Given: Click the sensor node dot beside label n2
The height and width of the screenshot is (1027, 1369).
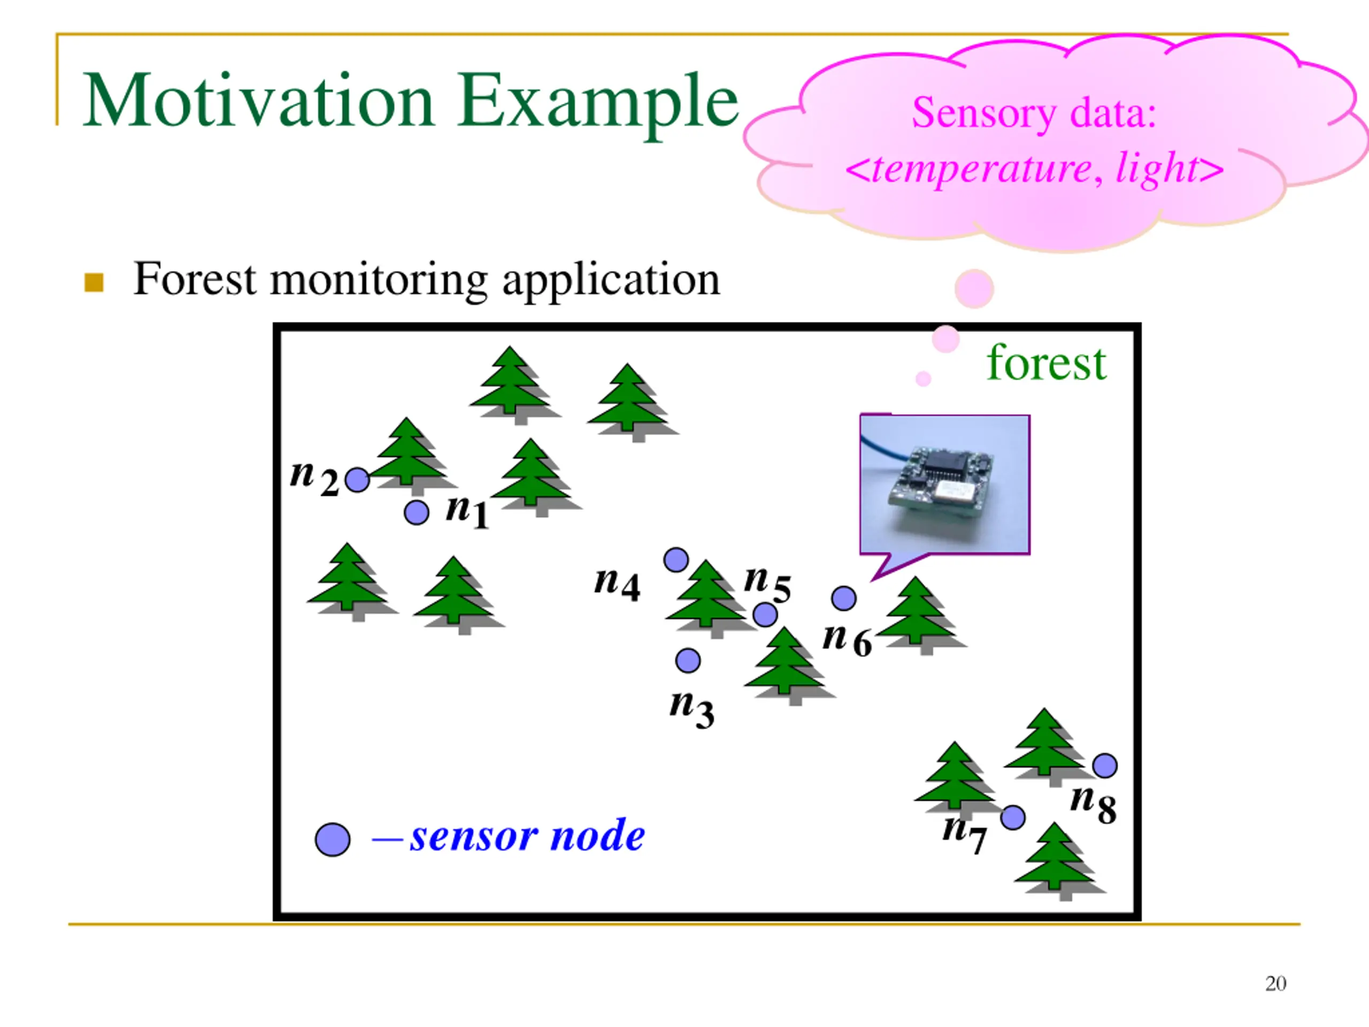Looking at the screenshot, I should coord(357,480).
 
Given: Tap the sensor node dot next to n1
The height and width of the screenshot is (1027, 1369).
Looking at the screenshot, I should coord(416,512).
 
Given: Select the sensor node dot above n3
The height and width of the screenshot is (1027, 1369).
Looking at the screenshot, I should coord(688,661).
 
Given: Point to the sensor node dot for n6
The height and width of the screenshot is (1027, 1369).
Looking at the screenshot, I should coord(843,598).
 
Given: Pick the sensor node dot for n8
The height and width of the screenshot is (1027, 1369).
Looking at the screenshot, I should coord(1105,766).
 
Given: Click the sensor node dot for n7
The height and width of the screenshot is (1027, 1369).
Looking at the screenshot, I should coord(1012,818).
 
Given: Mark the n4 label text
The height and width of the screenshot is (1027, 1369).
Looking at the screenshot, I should coord(617,583).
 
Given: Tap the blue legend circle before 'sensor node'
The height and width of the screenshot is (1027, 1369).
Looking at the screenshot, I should coord(332,839).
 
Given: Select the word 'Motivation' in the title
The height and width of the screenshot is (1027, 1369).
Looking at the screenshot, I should coord(258,101).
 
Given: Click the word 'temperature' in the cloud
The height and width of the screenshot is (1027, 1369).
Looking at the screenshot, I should coord(980,169).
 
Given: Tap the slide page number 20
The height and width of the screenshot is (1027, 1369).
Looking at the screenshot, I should coord(1275,984).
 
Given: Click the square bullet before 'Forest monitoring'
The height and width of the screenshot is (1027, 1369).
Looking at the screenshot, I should coord(94,282).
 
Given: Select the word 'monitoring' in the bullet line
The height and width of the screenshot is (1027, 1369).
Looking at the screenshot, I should coord(379,280).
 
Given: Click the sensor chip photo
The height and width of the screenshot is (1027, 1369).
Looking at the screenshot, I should coord(944,485).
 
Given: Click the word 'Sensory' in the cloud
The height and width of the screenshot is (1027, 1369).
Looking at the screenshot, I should coord(983,113).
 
